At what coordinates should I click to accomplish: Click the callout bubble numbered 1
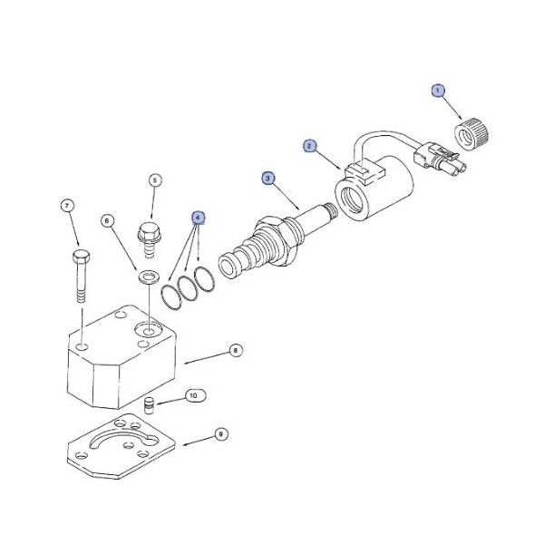pos(438,91)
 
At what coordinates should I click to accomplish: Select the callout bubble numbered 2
pos(309,146)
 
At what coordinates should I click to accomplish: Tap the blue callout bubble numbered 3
pos(267,179)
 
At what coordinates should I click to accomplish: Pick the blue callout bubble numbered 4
pos(198,218)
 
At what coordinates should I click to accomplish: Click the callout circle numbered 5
pos(155,180)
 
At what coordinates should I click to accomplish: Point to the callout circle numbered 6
pos(107,220)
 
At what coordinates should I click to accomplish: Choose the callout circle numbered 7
pos(67,206)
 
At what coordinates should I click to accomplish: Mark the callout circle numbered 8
pos(236,350)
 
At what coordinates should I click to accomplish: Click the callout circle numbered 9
pos(221,434)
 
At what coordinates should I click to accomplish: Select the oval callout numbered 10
pos(194,395)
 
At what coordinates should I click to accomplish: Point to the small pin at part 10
pos(149,405)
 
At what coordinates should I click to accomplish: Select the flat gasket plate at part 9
pos(121,446)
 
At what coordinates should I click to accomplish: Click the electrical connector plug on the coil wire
pos(440,160)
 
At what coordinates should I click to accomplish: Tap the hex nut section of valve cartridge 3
pos(277,240)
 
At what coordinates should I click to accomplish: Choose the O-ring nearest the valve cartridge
pos(204,278)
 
